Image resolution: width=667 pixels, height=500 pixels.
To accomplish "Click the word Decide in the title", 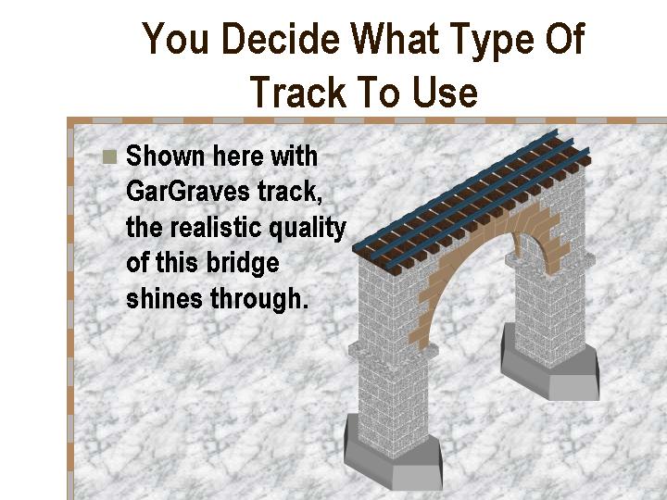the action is [281, 39].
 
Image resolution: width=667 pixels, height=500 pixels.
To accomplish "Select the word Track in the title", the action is [298, 92].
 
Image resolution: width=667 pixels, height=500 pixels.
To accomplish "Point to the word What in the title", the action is [394, 38].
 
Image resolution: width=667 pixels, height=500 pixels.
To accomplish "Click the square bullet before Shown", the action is [109, 156].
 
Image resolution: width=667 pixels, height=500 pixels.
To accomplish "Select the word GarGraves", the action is [187, 192].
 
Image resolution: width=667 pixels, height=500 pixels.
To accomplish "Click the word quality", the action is [308, 230].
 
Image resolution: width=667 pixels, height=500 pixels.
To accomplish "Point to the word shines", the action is [164, 298].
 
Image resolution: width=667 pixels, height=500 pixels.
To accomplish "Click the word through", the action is [259, 299].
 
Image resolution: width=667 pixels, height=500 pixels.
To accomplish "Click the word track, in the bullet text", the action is [289, 193].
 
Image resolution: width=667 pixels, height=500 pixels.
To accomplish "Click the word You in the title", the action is [175, 39].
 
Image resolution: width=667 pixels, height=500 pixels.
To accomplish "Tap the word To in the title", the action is [380, 92].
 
